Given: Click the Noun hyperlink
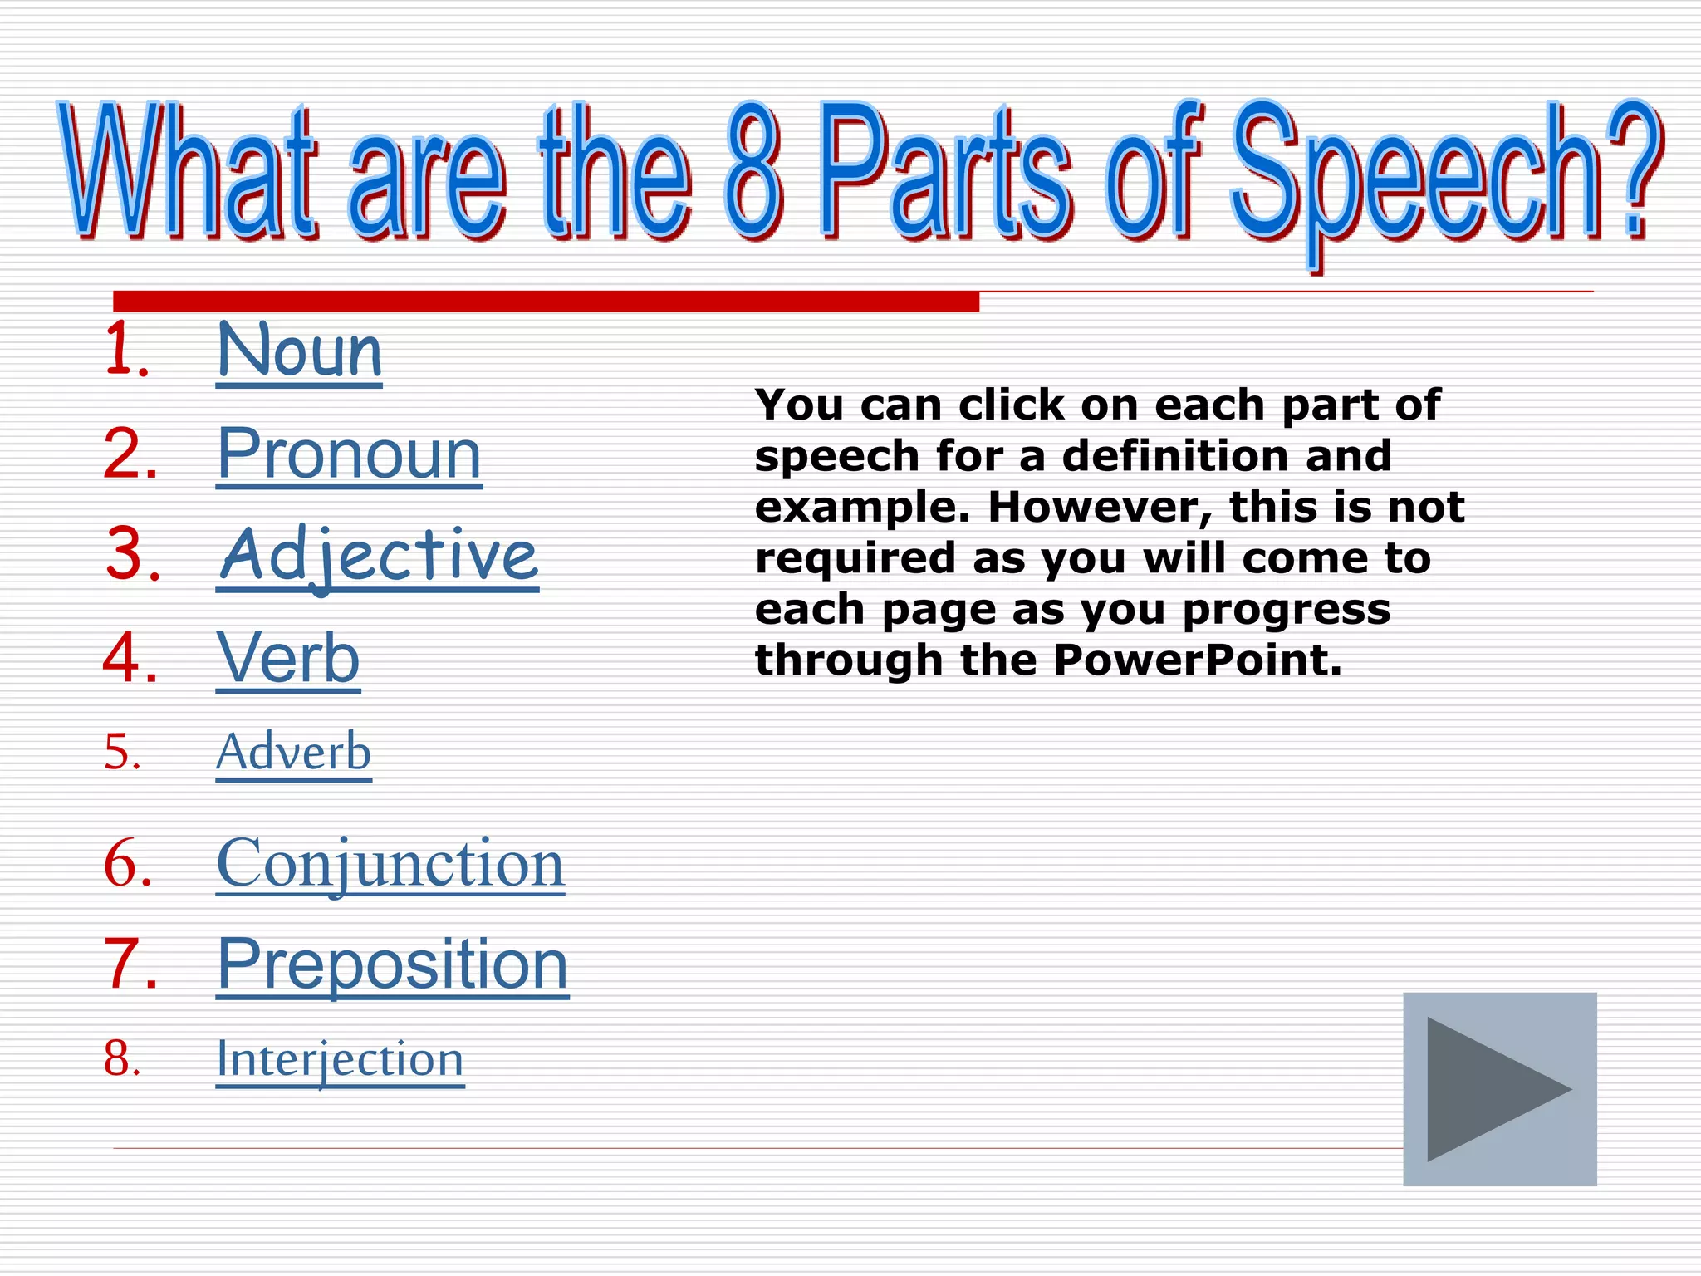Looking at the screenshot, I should tap(299, 352).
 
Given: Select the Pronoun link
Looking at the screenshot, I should tap(349, 454).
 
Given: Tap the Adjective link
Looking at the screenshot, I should tap(378, 556).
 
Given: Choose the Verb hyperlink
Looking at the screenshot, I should tap(288, 658).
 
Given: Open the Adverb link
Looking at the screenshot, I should tap(293, 753).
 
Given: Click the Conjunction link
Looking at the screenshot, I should tap(390, 864).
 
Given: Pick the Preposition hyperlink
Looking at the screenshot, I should tap(392, 964).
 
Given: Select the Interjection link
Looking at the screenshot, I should tap(340, 1059).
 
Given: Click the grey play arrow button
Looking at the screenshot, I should tap(1499, 1089).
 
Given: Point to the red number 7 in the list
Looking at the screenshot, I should tap(130, 964).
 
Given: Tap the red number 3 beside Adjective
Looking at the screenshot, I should tap(131, 555).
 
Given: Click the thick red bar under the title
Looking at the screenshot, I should tap(546, 301).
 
